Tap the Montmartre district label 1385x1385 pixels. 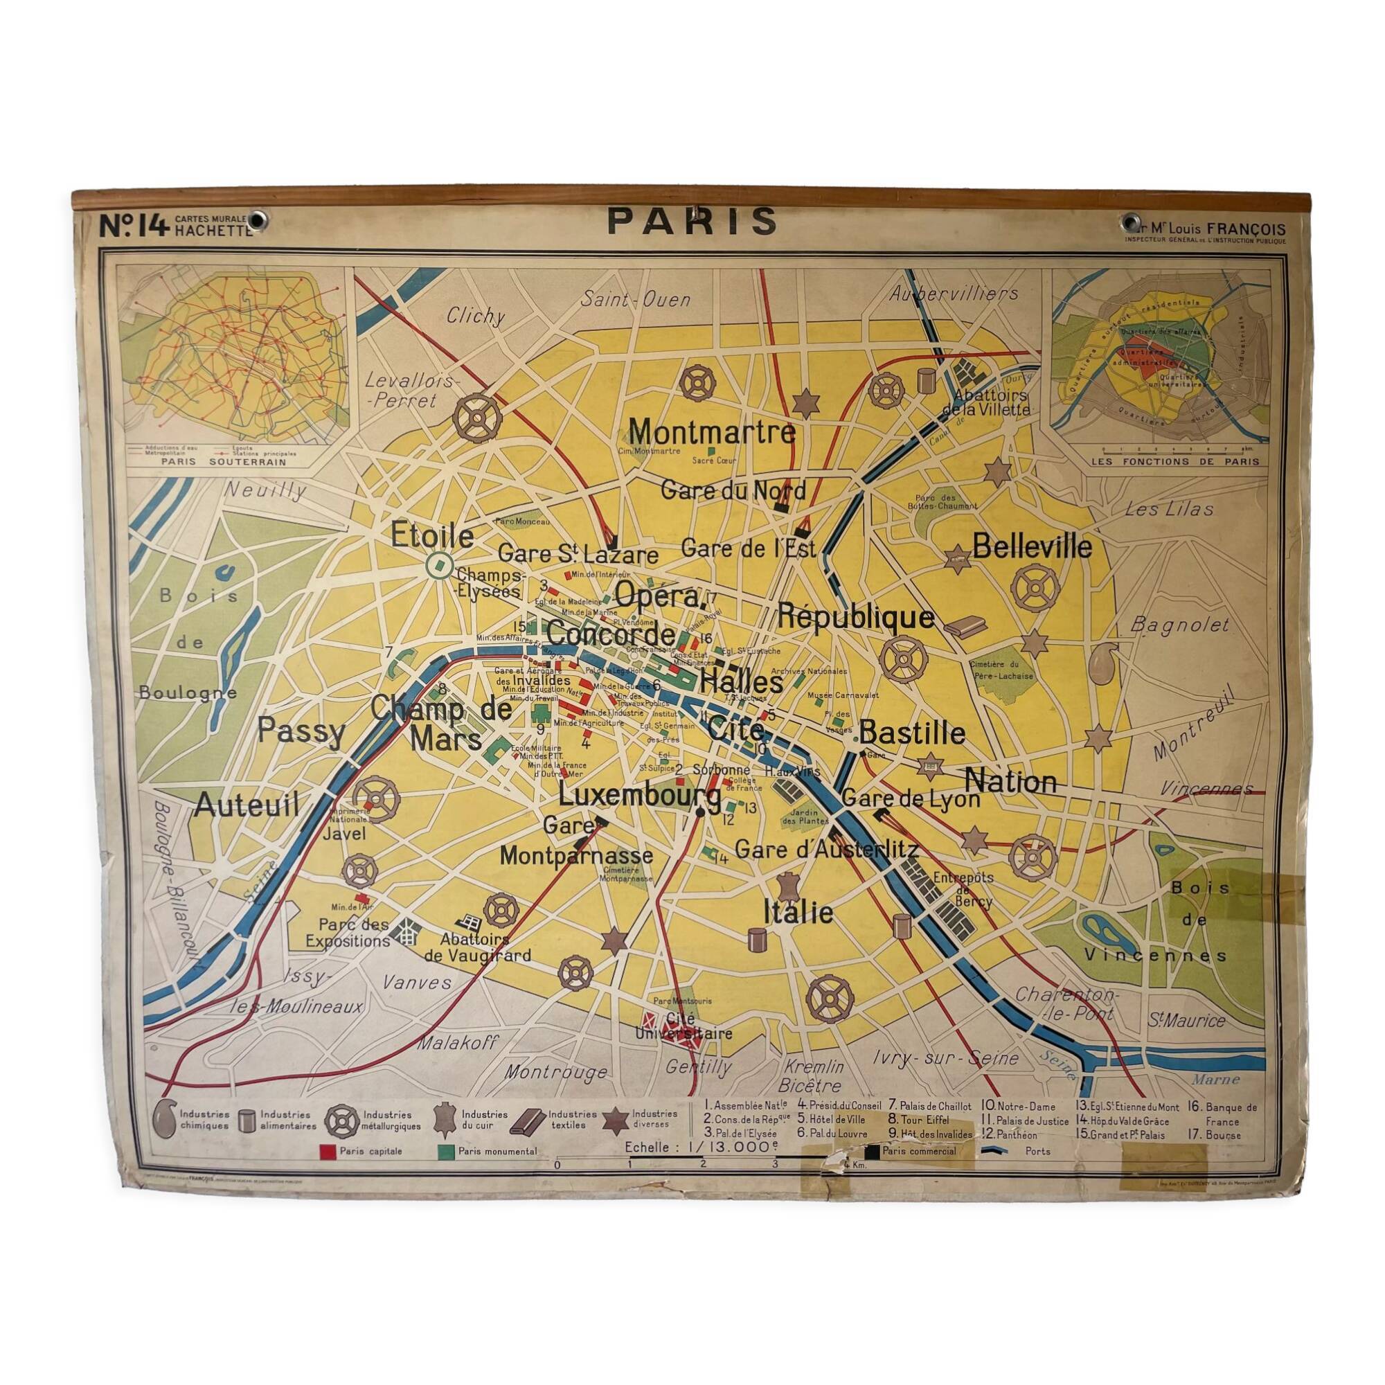pyautogui.click(x=712, y=432)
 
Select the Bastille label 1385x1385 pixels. pyautogui.click(x=912, y=733)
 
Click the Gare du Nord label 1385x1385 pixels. pyautogui.click(x=733, y=491)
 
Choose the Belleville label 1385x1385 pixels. pyautogui.click(x=1032, y=548)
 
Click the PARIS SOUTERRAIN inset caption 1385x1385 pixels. pyautogui.click(x=224, y=463)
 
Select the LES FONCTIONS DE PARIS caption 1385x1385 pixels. pyautogui.click(x=1175, y=462)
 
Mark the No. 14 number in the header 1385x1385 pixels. pyautogui.click(x=134, y=227)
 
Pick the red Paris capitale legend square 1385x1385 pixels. pyautogui.click(x=326, y=1152)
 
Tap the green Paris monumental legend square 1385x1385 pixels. pyautogui.click(x=445, y=1152)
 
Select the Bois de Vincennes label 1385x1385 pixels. pyautogui.click(x=1194, y=921)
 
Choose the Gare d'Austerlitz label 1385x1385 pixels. pyautogui.click(x=826, y=850)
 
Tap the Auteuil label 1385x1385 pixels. pyautogui.click(x=246, y=805)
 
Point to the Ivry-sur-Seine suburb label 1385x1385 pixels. pyautogui.click(x=945, y=1058)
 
